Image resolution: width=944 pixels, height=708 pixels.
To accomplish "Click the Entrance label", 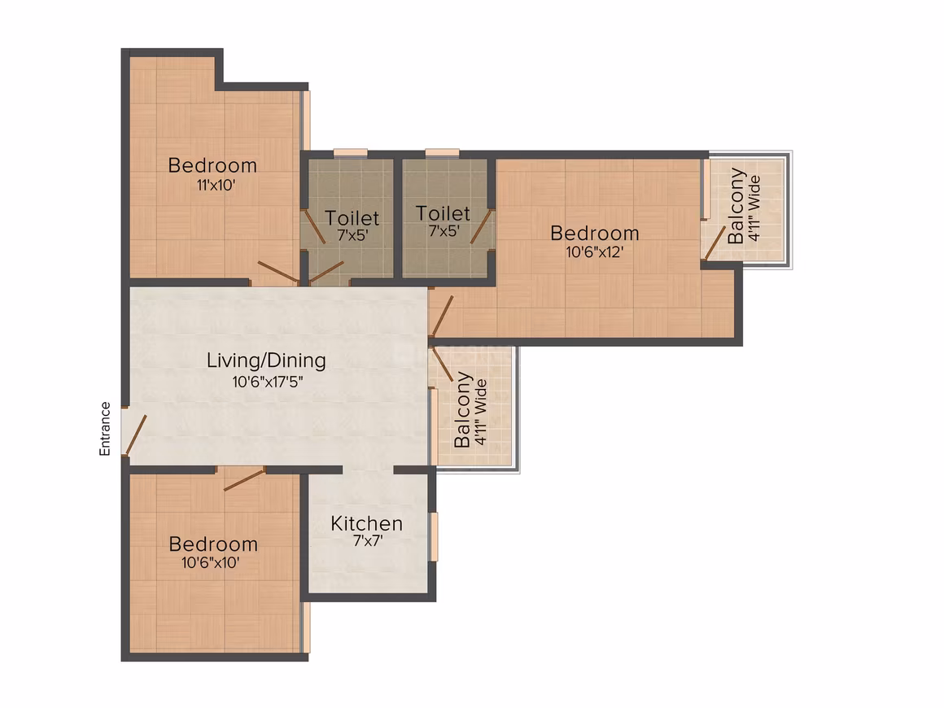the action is tap(105, 428).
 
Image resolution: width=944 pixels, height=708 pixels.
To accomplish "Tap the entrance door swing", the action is tap(136, 435).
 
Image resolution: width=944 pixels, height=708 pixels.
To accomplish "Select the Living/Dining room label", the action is tap(266, 360).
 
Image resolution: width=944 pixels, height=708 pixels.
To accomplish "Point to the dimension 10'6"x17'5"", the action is tap(267, 381).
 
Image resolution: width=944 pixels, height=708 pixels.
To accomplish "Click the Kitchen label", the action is tap(367, 523).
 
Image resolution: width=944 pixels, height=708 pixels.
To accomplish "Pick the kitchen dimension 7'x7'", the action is tap(367, 540).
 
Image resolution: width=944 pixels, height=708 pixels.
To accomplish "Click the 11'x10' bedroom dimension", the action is tap(216, 185).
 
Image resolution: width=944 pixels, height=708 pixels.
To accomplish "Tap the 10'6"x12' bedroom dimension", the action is tap(594, 251).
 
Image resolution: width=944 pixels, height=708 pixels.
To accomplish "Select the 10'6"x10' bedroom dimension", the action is tap(210, 562).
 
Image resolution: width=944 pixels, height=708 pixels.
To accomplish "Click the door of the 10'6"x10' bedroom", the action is tap(244, 479).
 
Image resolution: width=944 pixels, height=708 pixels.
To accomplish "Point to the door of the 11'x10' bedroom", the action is tap(278, 272).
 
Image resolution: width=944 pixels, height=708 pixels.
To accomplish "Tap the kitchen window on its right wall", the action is tap(434, 536).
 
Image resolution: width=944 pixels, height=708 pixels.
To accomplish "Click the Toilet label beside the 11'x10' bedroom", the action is tap(352, 217).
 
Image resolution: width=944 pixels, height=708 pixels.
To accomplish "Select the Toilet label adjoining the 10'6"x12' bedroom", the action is tap(443, 213).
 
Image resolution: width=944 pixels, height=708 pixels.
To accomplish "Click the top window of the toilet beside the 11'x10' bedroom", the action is tap(351, 153).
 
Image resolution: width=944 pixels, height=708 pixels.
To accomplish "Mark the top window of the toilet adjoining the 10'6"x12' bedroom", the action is tap(442, 153).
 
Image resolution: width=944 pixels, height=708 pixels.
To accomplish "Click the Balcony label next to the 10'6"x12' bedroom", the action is tap(736, 207).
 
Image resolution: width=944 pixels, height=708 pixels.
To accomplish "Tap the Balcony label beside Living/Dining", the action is tap(461, 409).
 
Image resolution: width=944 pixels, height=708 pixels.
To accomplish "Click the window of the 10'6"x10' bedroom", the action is tap(306, 628).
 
